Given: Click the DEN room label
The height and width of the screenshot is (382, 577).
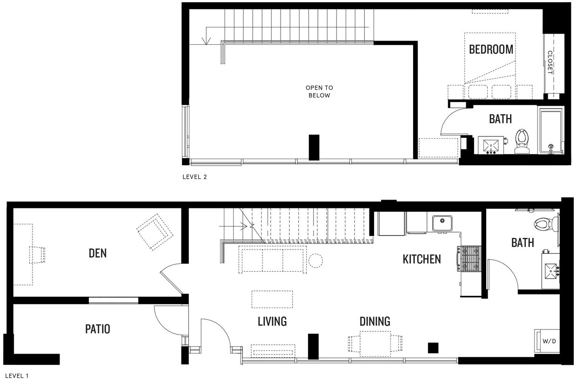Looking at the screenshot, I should point(98,253).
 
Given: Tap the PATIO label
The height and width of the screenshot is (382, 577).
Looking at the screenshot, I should point(98,329).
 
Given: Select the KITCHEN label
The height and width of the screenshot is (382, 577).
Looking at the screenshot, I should point(422,259).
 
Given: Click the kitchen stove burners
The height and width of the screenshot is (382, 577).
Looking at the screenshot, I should point(468,259).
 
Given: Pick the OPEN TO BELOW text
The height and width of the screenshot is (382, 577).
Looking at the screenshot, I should point(319,91).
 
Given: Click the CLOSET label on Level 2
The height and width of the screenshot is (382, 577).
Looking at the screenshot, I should point(550,62).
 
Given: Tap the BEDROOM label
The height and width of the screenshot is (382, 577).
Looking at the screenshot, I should point(491,49).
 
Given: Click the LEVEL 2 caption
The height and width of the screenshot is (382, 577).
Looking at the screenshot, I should point(194,177).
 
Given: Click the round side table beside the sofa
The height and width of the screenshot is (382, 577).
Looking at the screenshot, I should point(316,261).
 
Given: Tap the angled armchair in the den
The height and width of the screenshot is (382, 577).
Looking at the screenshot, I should point(154,231).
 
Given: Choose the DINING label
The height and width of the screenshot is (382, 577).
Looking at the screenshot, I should point(375,321).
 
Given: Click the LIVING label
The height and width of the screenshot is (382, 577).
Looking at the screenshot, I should point(272,321).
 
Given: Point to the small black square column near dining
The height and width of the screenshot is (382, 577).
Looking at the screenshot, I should point(433,347).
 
